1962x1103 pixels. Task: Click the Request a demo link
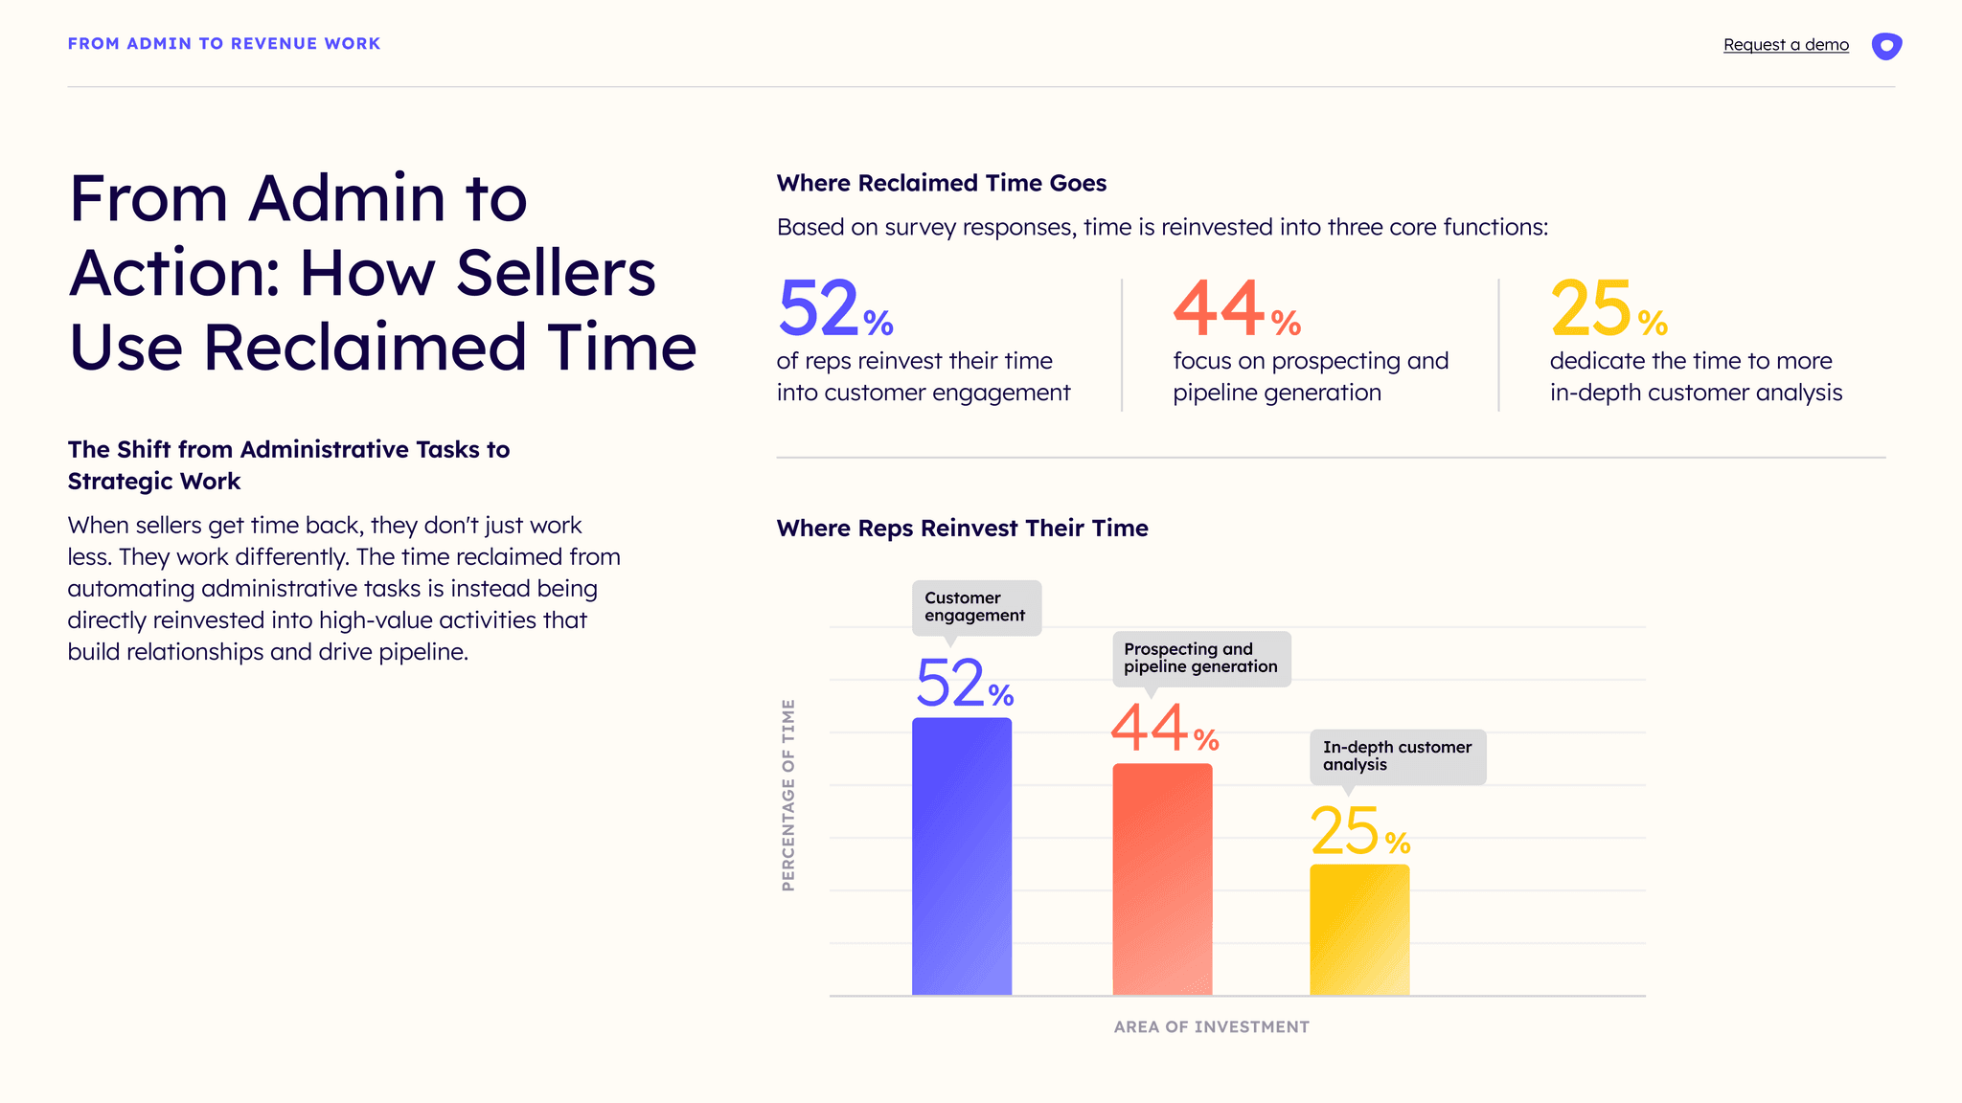tap(1786, 45)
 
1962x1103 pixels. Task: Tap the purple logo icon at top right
tap(1886, 46)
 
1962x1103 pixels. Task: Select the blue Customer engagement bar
tap(962, 857)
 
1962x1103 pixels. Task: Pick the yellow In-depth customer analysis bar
tap(1359, 930)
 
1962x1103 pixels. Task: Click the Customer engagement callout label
tap(975, 607)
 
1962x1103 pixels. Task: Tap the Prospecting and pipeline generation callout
tap(1200, 658)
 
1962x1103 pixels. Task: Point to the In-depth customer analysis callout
tap(1397, 756)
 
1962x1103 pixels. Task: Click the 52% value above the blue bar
tap(964, 684)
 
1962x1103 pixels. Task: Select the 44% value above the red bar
tap(1164, 730)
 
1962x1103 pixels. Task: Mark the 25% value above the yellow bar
tap(1359, 831)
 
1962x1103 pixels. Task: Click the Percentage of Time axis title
tap(788, 795)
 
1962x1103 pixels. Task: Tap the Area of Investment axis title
tap(1211, 1027)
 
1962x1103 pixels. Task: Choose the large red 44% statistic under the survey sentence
tap(1236, 309)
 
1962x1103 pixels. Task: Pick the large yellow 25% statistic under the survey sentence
tap(1608, 309)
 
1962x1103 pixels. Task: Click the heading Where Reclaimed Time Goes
tap(942, 183)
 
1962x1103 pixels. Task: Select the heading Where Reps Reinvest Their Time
tap(962, 529)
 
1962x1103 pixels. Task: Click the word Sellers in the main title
tap(556, 273)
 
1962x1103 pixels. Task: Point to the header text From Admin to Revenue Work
tap(224, 44)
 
